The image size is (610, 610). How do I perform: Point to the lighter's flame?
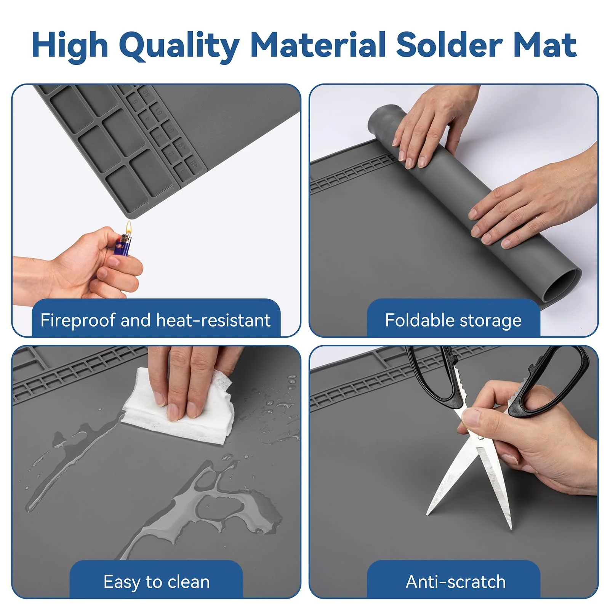click(x=129, y=228)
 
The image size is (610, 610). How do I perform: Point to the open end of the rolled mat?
click(x=562, y=285)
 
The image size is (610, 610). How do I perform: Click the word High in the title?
click(x=70, y=46)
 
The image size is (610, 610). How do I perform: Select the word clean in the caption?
click(x=189, y=582)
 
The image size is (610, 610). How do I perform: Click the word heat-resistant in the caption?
click(x=213, y=320)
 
